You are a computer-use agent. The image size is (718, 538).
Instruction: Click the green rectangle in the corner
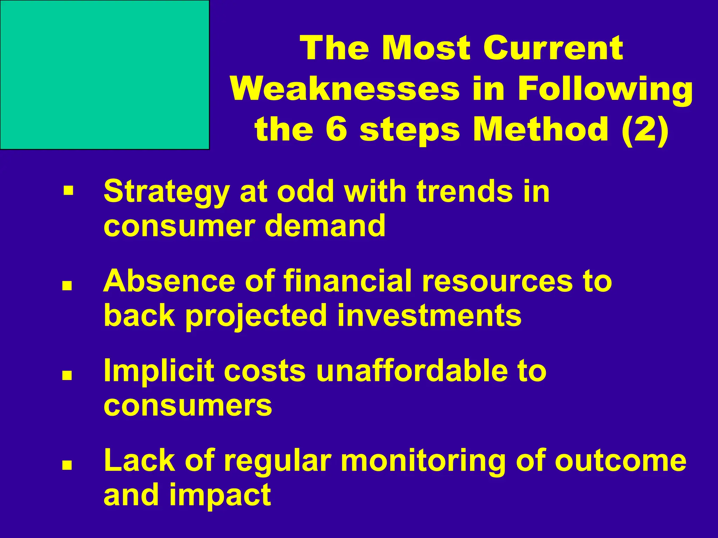coord(104,75)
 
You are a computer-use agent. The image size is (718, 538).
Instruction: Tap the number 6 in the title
coord(336,129)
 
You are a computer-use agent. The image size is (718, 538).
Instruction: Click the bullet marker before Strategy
coord(68,191)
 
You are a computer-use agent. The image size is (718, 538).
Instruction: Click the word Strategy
coord(167,192)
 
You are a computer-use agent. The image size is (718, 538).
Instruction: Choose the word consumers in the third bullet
coord(188,405)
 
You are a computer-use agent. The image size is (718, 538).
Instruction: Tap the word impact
coord(220,495)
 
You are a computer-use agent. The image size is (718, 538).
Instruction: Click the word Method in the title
coord(540,129)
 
